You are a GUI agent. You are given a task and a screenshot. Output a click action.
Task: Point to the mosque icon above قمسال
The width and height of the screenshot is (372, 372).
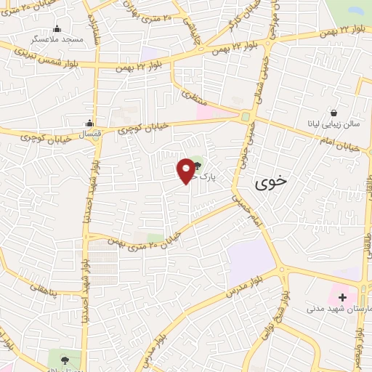click(89, 123)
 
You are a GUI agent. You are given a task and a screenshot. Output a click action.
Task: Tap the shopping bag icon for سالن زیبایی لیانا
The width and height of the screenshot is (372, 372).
click(333, 113)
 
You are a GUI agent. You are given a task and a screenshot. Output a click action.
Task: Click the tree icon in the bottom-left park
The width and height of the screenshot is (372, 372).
click(65, 358)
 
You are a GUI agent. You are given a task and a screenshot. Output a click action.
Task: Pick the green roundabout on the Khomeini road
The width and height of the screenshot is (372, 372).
click(246, 116)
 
